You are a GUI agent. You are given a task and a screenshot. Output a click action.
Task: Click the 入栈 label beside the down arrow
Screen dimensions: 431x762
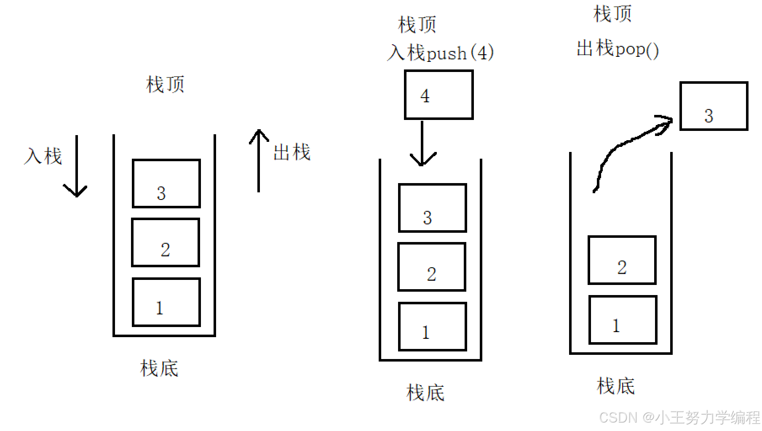tap(43, 156)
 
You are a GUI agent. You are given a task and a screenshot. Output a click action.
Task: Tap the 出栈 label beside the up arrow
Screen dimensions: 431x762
tap(292, 152)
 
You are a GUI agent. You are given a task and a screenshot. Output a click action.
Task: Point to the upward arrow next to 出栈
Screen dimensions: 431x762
tap(259, 160)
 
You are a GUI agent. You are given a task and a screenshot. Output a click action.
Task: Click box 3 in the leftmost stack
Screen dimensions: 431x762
tap(166, 184)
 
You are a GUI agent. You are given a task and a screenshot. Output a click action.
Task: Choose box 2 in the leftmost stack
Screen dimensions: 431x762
tap(166, 242)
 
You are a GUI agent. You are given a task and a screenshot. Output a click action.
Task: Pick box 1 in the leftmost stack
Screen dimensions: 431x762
tap(166, 302)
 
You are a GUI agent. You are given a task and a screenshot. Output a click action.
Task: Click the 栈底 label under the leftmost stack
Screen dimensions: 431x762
tap(159, 368)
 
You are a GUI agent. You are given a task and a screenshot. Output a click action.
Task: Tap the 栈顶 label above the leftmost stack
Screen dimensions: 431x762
tap(165, 84)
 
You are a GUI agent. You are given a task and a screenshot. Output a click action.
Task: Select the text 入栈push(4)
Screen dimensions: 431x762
tap(440, 53)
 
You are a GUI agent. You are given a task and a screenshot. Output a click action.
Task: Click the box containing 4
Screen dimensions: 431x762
tap(438, 95)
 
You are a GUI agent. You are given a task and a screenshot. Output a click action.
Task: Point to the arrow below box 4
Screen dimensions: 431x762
tap(422, 143)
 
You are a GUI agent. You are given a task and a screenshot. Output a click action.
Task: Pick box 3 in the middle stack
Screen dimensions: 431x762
tap(433, 208)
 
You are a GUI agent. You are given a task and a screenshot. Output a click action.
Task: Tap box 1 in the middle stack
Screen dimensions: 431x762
tap(433, 327)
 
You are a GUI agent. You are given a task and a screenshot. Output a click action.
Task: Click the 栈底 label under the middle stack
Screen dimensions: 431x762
tap(425, 393)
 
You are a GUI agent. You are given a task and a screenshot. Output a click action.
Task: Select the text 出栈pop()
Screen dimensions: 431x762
tap(618, 49)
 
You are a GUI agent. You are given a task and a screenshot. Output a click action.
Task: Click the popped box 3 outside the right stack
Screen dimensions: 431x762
tap(714, 106)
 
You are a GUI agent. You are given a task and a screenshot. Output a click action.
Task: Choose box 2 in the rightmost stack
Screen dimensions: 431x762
tap(622, 260)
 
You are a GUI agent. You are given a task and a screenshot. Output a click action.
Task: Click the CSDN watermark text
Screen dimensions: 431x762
tap(679, 418)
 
